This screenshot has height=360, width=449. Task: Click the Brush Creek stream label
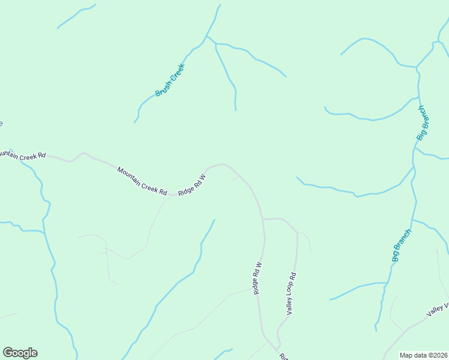pos(170,80)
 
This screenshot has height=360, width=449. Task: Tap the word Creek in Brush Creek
pos(175,72)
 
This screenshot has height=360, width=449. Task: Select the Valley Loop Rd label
pos(291,294)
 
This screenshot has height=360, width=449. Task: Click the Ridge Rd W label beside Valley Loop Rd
pos(258,278)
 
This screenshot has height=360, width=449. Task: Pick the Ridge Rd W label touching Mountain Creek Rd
pos(192,184)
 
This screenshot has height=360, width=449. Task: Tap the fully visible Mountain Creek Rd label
pos(142,181)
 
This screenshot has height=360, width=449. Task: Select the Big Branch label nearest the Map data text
pos(402,245)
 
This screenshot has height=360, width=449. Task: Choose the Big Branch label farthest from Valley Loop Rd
pos(423,123)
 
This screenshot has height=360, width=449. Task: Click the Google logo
pos(20,353)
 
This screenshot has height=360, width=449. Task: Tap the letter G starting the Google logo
pos(8,353)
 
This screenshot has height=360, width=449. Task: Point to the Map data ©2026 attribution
pos(423,355)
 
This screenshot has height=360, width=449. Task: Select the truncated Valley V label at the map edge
pos(438,310)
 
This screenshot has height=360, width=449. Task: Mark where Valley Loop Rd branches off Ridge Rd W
pos(263,220)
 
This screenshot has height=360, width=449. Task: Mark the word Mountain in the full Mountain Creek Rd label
pos(130,175)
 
